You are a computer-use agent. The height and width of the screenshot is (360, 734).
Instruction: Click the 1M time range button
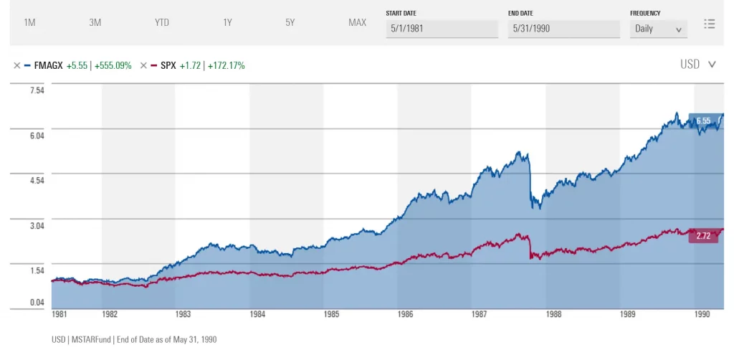pyautogui.click(x=29, y=22)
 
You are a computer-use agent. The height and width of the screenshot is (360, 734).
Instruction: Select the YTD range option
pyautogui.click(x=162, y=22)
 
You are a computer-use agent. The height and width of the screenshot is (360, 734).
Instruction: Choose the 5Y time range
pyautogui.click(x=290, y=22)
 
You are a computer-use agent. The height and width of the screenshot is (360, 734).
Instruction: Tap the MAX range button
pyautogui.click(x=357, y=22)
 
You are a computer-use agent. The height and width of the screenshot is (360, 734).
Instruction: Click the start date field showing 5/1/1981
pyautogui.click(x=442, y=29)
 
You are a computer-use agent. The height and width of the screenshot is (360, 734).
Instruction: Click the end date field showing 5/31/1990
pyautogui.click(x=564, y=29)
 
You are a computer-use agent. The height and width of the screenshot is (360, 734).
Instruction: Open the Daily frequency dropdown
pyautogui.click(x=658, y=29)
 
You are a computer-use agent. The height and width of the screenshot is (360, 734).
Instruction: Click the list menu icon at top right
pyautogui.click(x=710, y=24)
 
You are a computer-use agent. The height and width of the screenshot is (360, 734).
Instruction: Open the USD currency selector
pyautogui.click(x=697, y=65)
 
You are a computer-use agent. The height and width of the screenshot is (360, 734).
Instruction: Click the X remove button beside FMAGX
pyautogui.click(x=16, y=65)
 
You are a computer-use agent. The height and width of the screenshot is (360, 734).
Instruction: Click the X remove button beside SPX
pyautogui.click(x=143, y=65)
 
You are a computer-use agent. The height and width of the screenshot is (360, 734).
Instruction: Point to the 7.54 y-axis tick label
pyautogui.click(x=37, y=90)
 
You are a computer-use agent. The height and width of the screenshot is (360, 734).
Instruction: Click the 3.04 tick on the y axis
pyautogui.click(x=37, y=225)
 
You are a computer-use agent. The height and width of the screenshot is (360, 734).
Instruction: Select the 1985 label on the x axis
pyautogui.click(x=330, y=314)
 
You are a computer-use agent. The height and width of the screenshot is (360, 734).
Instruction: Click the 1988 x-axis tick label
pyautogui.click(x=553, y=314)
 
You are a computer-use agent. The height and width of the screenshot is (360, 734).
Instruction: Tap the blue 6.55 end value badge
pyautogui.click(x=702, y=121)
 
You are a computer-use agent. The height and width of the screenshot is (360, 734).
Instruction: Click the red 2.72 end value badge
pyautogui.click(x=702, y=236)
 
